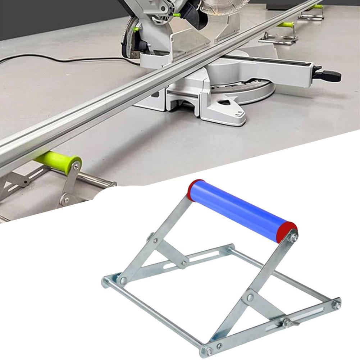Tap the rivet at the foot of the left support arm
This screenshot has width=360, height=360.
[x=123, y=281]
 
